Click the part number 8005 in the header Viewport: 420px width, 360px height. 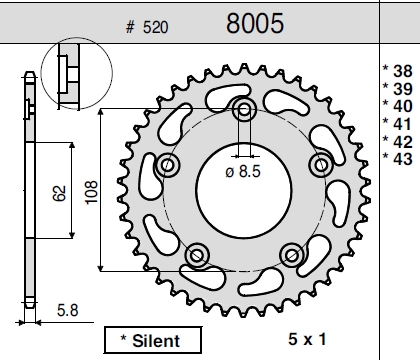(255, 23)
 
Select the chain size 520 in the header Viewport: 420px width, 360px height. (156, 27)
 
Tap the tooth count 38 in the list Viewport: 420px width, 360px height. (403, 71)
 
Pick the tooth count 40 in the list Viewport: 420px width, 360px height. (403, 106)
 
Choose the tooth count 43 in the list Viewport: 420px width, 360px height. (403, 159)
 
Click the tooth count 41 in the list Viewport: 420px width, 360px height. (403, 124)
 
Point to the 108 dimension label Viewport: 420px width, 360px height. (91, 192)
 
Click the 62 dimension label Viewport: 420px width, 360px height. (59, 193)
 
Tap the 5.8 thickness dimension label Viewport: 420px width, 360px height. (68, 310)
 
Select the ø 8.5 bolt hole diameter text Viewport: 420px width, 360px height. (243, 172)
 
